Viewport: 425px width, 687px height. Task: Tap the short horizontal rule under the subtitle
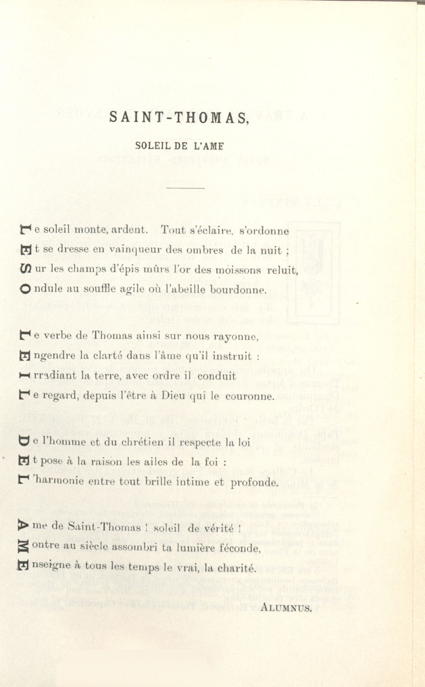[x=185, y=188]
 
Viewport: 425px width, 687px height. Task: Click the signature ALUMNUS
[x=286, y=608]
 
